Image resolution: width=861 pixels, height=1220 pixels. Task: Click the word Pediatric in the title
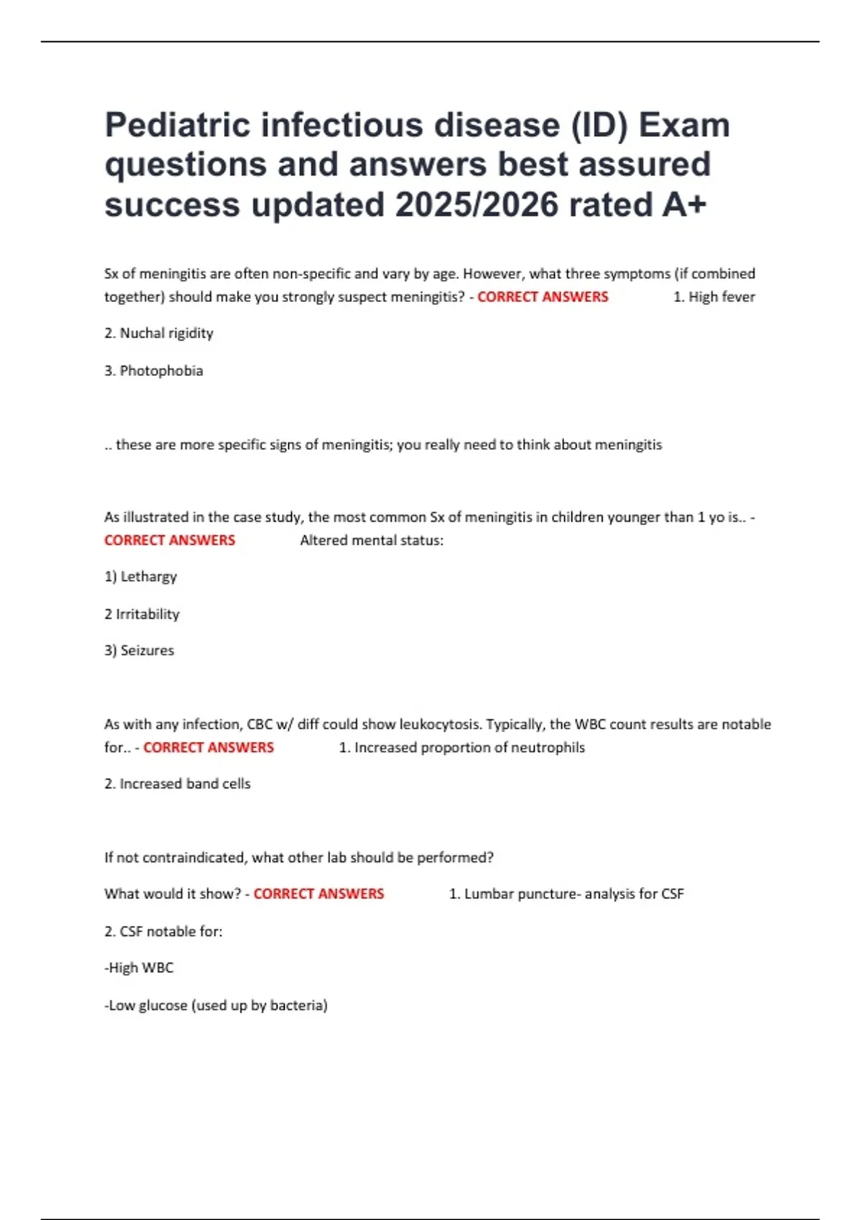tap(177, 126)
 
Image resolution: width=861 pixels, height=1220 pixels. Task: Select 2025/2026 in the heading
tap(476, 205)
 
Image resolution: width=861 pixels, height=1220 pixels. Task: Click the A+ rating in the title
tap(684, 205)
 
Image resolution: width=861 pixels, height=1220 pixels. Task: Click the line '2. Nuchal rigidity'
tap(159, 333)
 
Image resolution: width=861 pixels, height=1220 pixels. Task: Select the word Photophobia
tap(161, 371)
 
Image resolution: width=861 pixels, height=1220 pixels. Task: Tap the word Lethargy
tap(149, 577)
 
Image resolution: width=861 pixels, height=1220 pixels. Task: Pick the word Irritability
tap(148, 614)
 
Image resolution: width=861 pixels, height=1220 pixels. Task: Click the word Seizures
tap(147, 651)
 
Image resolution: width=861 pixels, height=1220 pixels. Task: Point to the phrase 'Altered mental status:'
tap(372, 540)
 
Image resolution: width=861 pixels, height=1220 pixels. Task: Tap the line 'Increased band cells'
tap(184, 784)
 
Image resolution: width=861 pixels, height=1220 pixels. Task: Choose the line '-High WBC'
tap(139, 968)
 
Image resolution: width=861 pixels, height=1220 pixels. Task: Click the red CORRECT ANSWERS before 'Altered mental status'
tap(169, 540)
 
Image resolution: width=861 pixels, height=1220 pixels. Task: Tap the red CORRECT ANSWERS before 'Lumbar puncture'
tap(319, 894)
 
